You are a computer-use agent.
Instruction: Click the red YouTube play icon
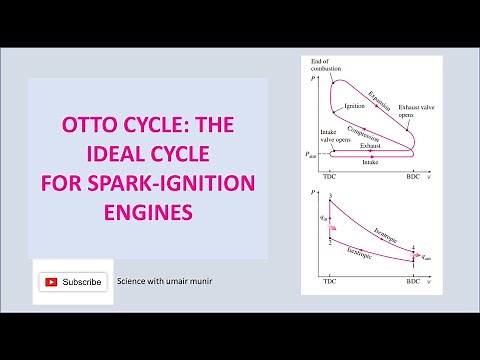click(x=51, y=282)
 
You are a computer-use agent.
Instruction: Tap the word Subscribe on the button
click(x=82, y=282)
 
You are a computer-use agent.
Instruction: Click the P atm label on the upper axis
click(x=313, y=154)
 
